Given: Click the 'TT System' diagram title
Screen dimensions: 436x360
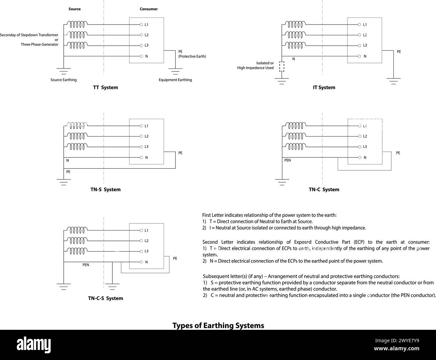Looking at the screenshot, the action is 105,88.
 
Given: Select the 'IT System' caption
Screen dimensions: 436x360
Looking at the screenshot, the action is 324,88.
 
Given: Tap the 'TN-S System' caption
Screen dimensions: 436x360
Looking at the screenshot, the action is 105,190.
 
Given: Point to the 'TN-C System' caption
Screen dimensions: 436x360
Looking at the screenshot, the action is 324,190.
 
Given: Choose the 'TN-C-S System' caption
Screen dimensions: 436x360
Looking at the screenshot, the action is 105,298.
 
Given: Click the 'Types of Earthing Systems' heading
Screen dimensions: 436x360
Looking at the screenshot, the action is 218,325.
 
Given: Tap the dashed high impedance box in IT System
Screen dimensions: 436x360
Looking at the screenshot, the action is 282,66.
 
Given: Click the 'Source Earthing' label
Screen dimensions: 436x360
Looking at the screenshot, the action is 63,80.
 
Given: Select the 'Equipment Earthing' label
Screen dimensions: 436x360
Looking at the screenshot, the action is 175,80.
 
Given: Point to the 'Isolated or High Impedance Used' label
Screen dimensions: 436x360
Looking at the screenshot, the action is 256,65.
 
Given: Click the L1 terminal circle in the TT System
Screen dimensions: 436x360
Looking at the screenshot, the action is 141,24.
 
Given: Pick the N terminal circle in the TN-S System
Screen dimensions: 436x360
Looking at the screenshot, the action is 141,157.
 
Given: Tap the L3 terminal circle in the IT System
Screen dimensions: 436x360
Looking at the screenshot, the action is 360,45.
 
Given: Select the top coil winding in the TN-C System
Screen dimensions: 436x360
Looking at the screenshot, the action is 295,126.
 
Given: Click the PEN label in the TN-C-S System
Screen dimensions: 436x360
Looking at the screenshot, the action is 86,265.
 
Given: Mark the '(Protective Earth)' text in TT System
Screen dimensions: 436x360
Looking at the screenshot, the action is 192,56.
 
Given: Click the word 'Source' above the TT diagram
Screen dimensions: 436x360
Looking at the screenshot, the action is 74,9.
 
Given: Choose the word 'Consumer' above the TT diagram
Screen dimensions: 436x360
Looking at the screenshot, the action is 149,9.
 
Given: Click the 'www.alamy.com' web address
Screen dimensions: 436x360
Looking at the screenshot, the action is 396,349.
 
